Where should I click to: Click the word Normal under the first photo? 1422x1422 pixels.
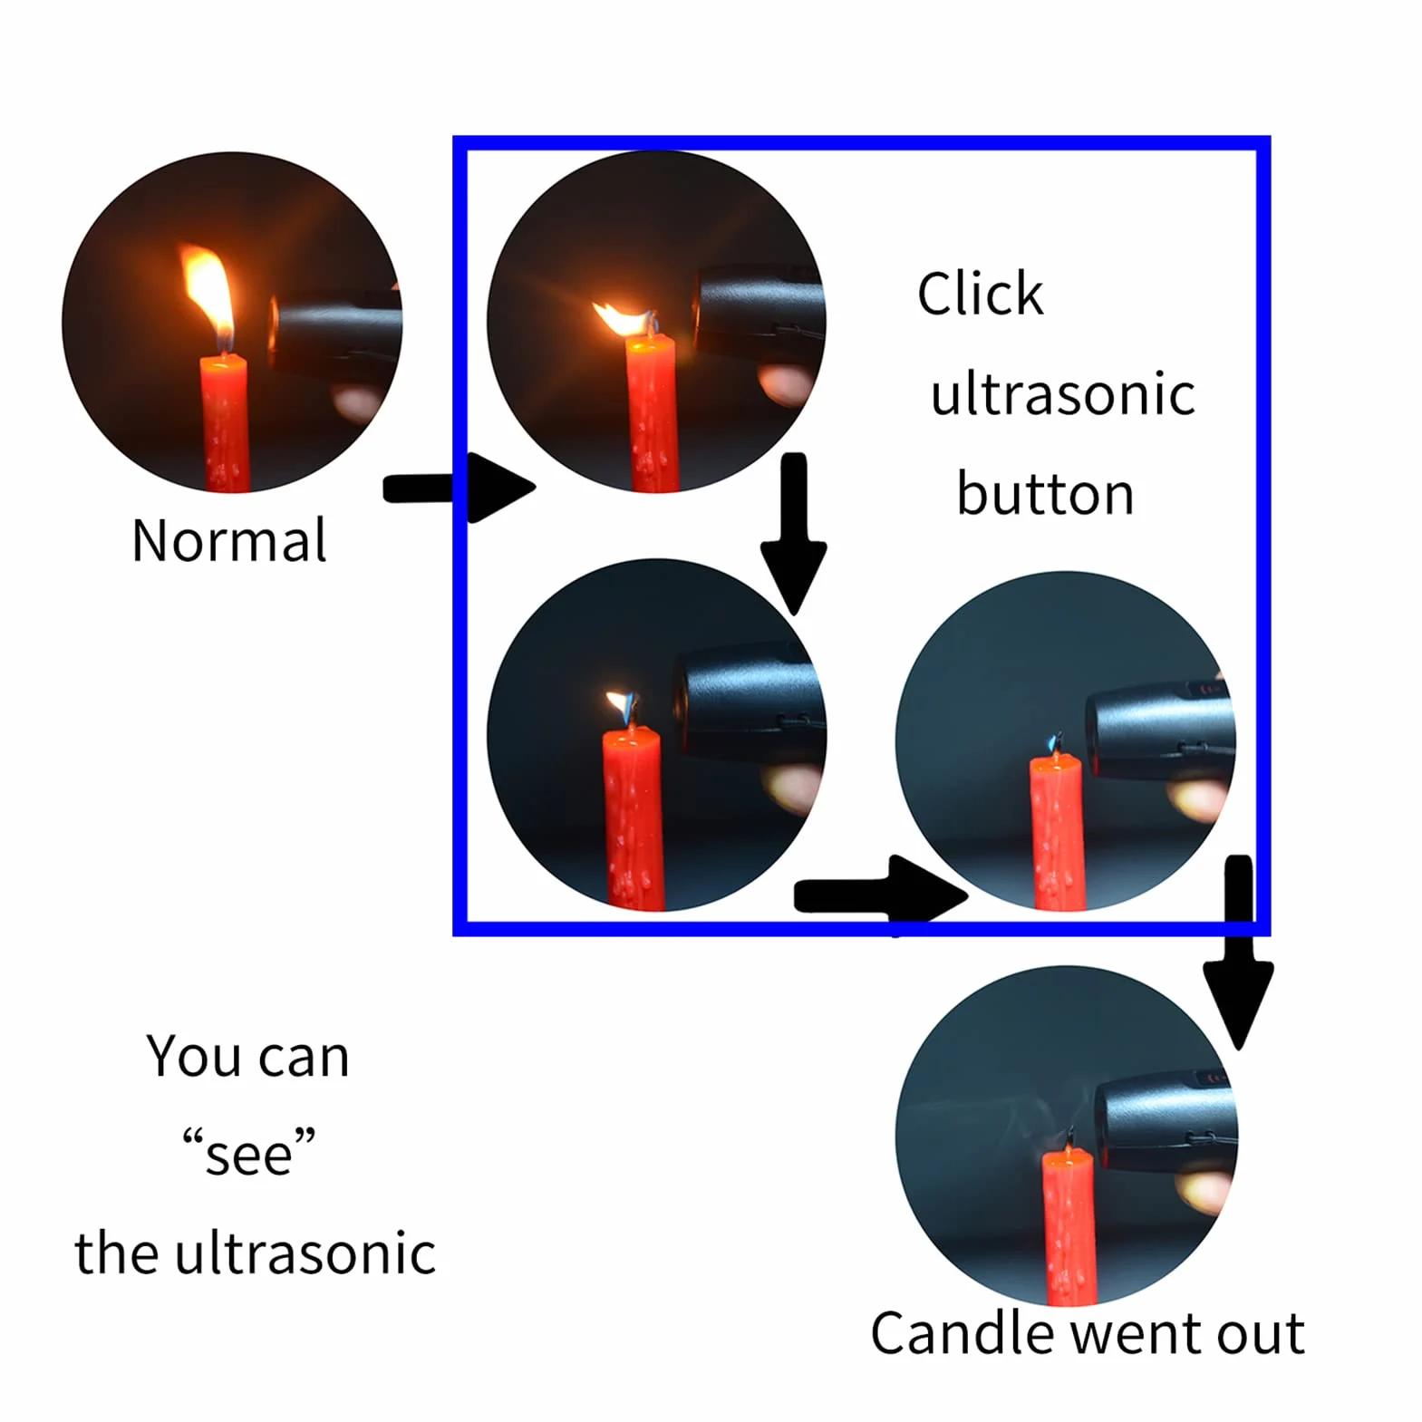click(x=229, y=541)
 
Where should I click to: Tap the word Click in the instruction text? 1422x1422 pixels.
click(x=980, y=294)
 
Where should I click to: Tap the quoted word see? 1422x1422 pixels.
click(x=248, y=1153)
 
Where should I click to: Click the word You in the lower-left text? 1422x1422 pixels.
click(x=194, y=1056)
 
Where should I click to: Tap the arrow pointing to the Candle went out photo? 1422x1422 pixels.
click(x=1238, y=952)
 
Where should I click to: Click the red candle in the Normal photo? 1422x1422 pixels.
click(x=224, y=423)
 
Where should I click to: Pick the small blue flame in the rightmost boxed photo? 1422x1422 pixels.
click(x=1054, y=742)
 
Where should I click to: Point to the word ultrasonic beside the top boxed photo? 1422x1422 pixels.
click(x=1062, y=394)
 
